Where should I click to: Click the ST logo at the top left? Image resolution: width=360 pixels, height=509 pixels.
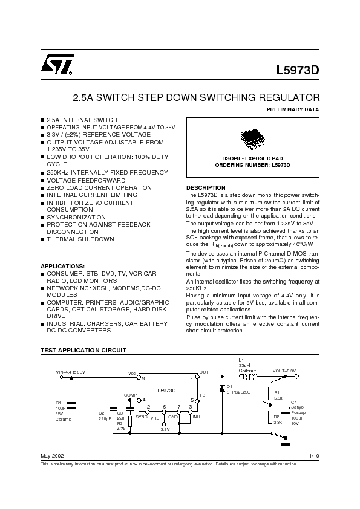coord(57,64)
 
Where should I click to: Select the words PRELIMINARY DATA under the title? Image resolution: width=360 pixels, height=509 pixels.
coord(293,109)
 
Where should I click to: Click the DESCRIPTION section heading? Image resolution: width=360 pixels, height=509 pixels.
coord(206,188)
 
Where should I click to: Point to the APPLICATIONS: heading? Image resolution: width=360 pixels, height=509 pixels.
coord(62,266)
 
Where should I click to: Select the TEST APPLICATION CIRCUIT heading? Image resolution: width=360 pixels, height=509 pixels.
coord(83,351)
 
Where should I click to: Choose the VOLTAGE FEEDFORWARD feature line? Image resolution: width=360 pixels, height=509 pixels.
coord(86,181)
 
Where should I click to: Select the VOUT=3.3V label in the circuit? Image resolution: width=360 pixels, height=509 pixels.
coord(284,371)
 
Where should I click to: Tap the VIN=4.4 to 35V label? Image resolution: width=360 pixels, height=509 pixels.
coord(71,372)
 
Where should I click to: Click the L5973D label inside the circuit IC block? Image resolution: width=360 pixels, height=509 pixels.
coord(166,391)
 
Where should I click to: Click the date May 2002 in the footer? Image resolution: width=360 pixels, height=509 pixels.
coord(52,455)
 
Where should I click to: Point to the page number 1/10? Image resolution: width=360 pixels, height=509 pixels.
coord(313,455)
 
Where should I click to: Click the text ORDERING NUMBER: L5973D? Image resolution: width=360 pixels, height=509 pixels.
coord(253,165)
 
